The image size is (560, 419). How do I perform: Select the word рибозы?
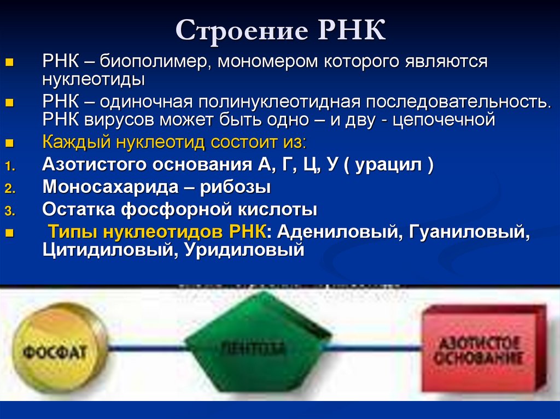[x=235, y=187]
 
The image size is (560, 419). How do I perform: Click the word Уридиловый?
[x=243, y=250]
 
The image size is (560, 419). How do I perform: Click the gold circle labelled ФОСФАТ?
[x=54, y=350]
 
